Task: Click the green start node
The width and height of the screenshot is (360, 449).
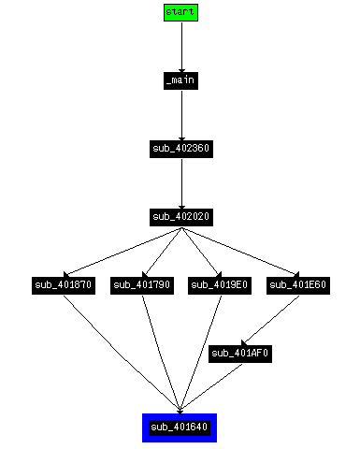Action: coord(180,12)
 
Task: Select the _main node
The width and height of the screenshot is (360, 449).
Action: coord(180,80)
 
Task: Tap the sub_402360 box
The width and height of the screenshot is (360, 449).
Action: coord(181,149)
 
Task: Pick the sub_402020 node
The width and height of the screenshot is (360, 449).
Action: coord(181,217)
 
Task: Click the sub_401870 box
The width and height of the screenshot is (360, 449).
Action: coord(64,285)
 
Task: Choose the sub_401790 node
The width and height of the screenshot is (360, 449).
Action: coord(142,285)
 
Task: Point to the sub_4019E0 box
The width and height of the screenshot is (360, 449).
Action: coord(220,285)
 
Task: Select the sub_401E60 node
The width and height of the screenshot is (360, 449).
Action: coord(298,285)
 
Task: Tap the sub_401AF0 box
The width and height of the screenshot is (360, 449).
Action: coord(240,354)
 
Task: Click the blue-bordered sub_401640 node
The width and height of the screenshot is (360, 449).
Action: coord(180,427)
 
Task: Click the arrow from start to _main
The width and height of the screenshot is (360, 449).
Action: coord(182,47)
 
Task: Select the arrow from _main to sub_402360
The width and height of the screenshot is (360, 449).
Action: coord(182,115)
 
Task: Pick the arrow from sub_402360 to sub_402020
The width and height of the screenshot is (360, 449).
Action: coord(182,183)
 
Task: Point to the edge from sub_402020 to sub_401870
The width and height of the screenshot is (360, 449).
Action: coord(122,252)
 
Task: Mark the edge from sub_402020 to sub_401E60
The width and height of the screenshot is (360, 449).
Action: coord(240,252)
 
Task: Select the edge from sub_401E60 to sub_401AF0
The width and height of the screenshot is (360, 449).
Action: coord(270,321)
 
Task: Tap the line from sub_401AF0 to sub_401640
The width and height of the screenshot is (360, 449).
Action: coord(210,386)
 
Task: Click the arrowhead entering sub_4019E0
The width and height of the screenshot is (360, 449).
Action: coord(218,275)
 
